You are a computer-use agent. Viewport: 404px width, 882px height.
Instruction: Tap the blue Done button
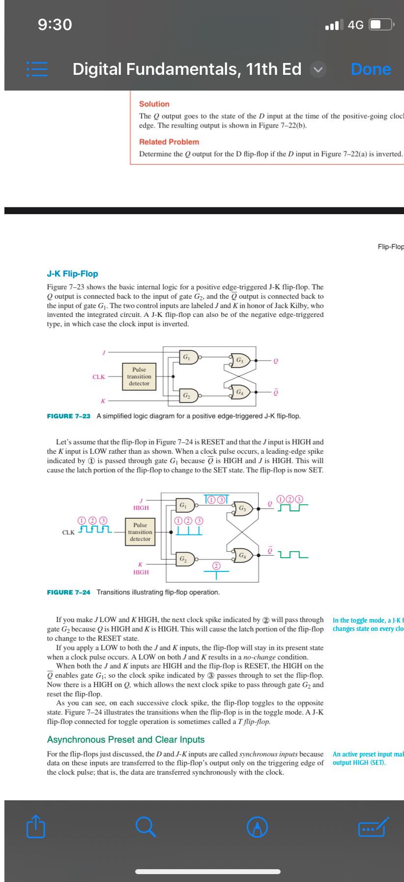[371, 69]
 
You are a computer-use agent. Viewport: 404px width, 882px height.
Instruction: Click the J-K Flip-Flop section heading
[72, 274]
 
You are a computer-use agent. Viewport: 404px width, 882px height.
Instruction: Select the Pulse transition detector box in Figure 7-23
[139, 377]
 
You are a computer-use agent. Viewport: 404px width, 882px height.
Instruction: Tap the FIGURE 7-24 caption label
[68, 592]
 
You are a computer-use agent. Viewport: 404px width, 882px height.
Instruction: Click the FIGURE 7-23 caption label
[68, 416]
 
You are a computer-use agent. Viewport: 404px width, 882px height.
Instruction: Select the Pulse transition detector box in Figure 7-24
[140, 532]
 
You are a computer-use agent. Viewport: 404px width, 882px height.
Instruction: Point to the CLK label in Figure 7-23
[98, 377]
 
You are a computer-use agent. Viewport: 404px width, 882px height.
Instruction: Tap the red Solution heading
[154, 104]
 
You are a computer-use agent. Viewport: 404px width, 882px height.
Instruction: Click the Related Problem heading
[169, 142]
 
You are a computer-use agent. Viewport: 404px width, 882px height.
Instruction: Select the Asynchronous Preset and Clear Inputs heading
[125, 740]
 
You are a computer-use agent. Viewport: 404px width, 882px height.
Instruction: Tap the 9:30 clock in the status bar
[55, 24]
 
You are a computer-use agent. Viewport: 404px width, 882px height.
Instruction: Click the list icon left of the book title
[34, 69]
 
